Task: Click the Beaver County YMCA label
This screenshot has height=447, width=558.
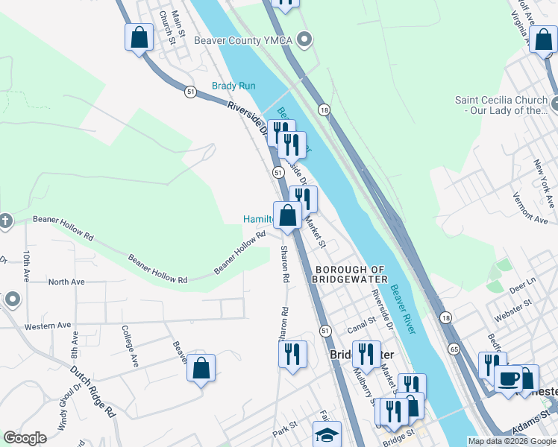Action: point(244,39)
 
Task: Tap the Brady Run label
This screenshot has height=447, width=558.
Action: point(233,86)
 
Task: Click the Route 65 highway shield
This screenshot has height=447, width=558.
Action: point(454,348)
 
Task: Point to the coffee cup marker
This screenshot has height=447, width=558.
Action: point(509,378)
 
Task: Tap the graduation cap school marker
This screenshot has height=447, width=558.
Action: point(327,434)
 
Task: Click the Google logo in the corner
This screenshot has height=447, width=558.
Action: point(25,438)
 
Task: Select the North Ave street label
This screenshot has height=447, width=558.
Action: point(66,282)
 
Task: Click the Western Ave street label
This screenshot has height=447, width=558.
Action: point(47,326)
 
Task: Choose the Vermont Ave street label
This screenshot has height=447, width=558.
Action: point(530,210)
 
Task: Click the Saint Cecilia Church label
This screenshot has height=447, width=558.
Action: point(501,105)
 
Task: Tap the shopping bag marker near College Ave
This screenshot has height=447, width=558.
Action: point(201,368)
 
